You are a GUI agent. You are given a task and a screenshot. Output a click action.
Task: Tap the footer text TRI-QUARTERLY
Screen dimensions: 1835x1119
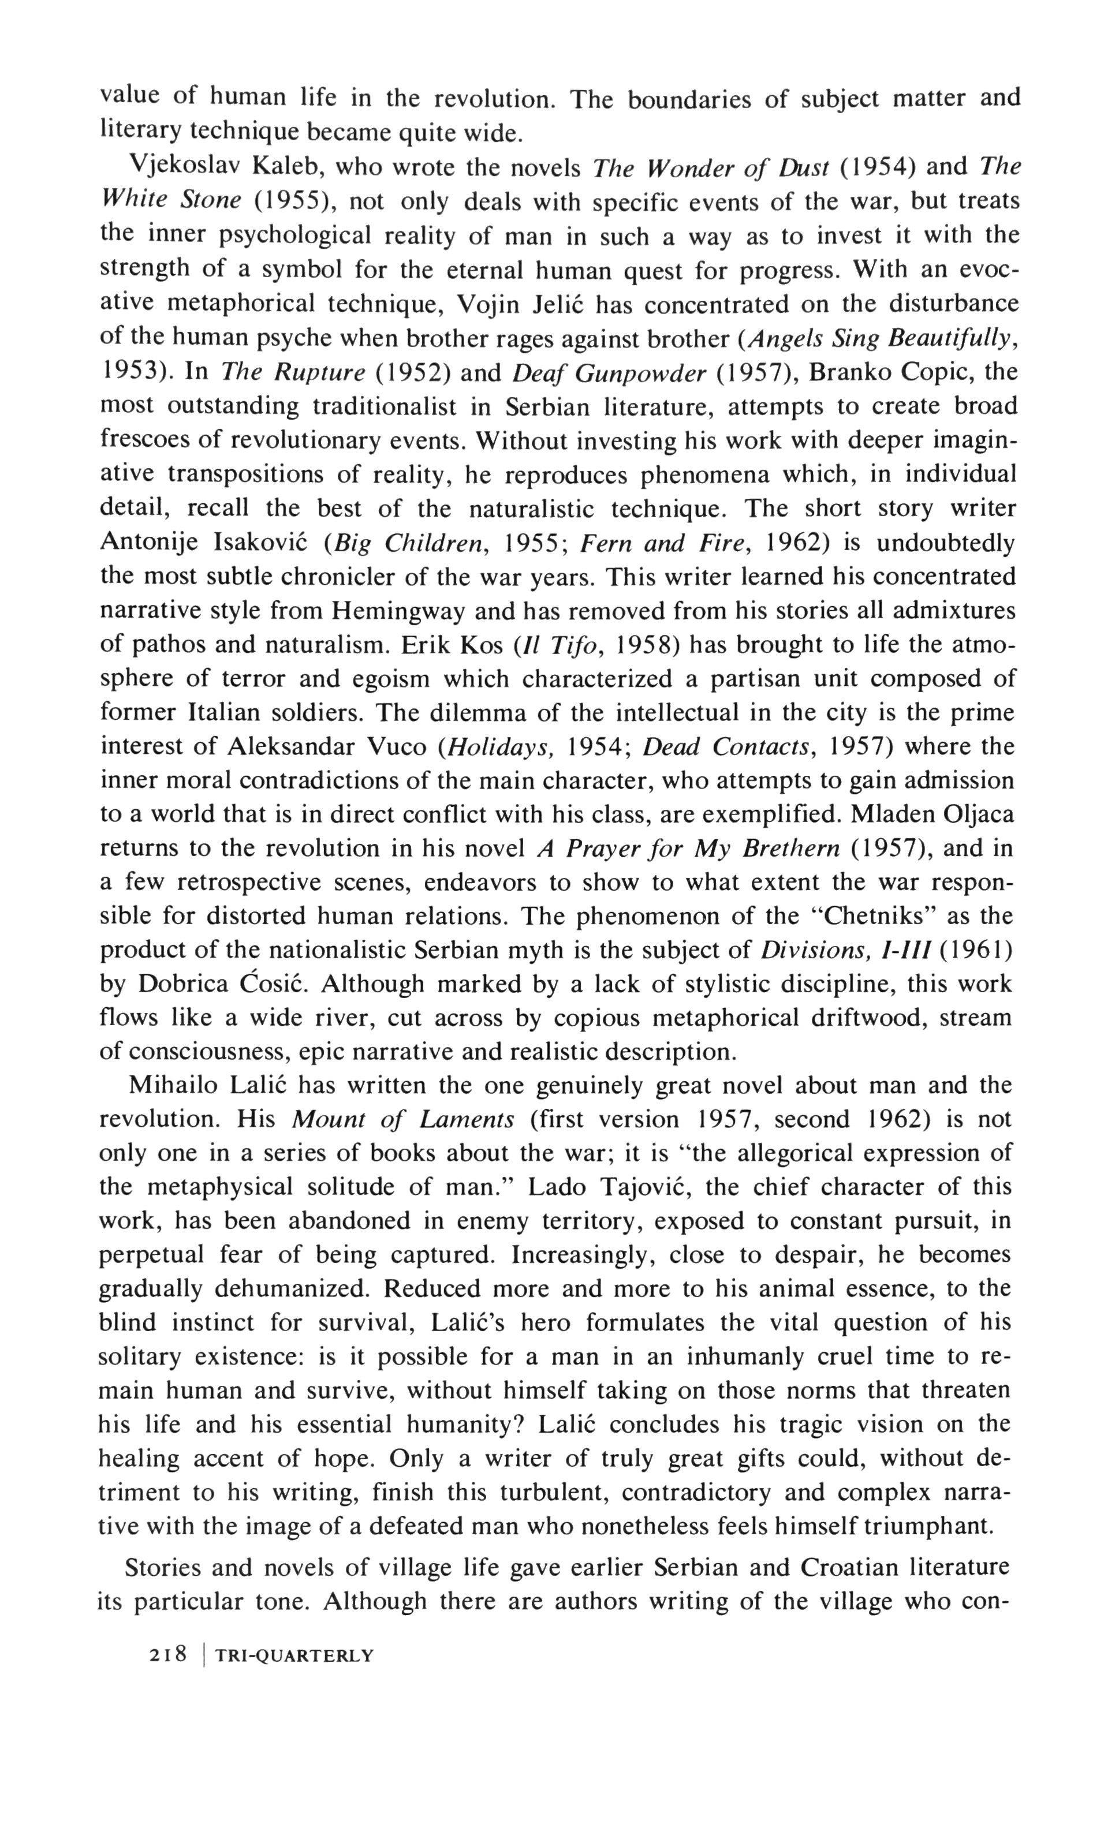(293, 1655)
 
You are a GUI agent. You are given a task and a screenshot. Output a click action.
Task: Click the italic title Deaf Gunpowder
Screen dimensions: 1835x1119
(609, 372)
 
